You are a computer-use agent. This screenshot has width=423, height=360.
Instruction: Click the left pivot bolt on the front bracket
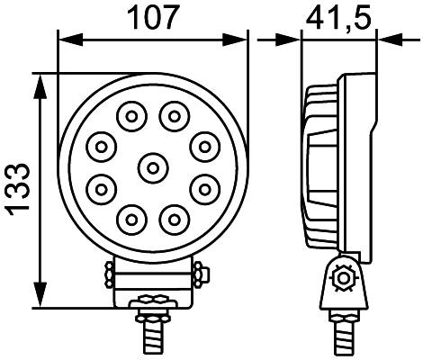point(109,273)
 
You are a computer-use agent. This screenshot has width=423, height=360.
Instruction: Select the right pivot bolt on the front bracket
point(200,273)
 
